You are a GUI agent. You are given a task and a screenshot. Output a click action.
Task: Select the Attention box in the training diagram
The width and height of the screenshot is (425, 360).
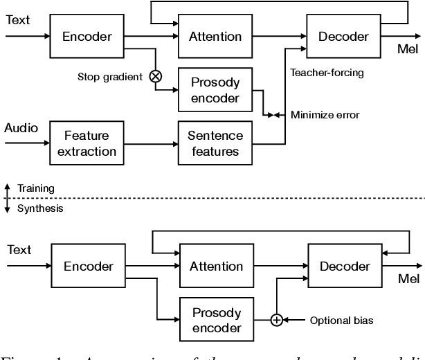point(215,36)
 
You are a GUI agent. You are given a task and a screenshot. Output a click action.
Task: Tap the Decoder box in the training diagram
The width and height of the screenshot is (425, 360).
point(343,36)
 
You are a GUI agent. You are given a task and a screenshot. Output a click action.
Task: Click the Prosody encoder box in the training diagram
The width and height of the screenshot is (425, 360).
point(215,90)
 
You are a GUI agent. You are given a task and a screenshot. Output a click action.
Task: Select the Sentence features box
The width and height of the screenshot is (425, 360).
point(215,143)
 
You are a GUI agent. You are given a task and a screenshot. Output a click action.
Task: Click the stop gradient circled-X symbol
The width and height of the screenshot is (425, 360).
point(156,77)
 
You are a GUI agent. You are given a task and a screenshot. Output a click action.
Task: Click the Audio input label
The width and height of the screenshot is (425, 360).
point(21,128)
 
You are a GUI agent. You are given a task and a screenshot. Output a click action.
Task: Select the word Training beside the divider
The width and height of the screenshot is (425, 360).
point(36,188)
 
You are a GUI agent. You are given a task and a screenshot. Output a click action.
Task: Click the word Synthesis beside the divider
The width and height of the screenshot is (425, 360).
point(39,208)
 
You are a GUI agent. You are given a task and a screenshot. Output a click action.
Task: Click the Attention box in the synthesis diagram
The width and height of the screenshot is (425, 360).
point(215,266)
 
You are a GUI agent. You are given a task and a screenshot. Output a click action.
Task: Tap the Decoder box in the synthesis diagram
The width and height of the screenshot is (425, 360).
point(343,266)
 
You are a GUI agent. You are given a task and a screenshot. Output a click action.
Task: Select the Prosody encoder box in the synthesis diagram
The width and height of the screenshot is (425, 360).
point(215,320)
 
